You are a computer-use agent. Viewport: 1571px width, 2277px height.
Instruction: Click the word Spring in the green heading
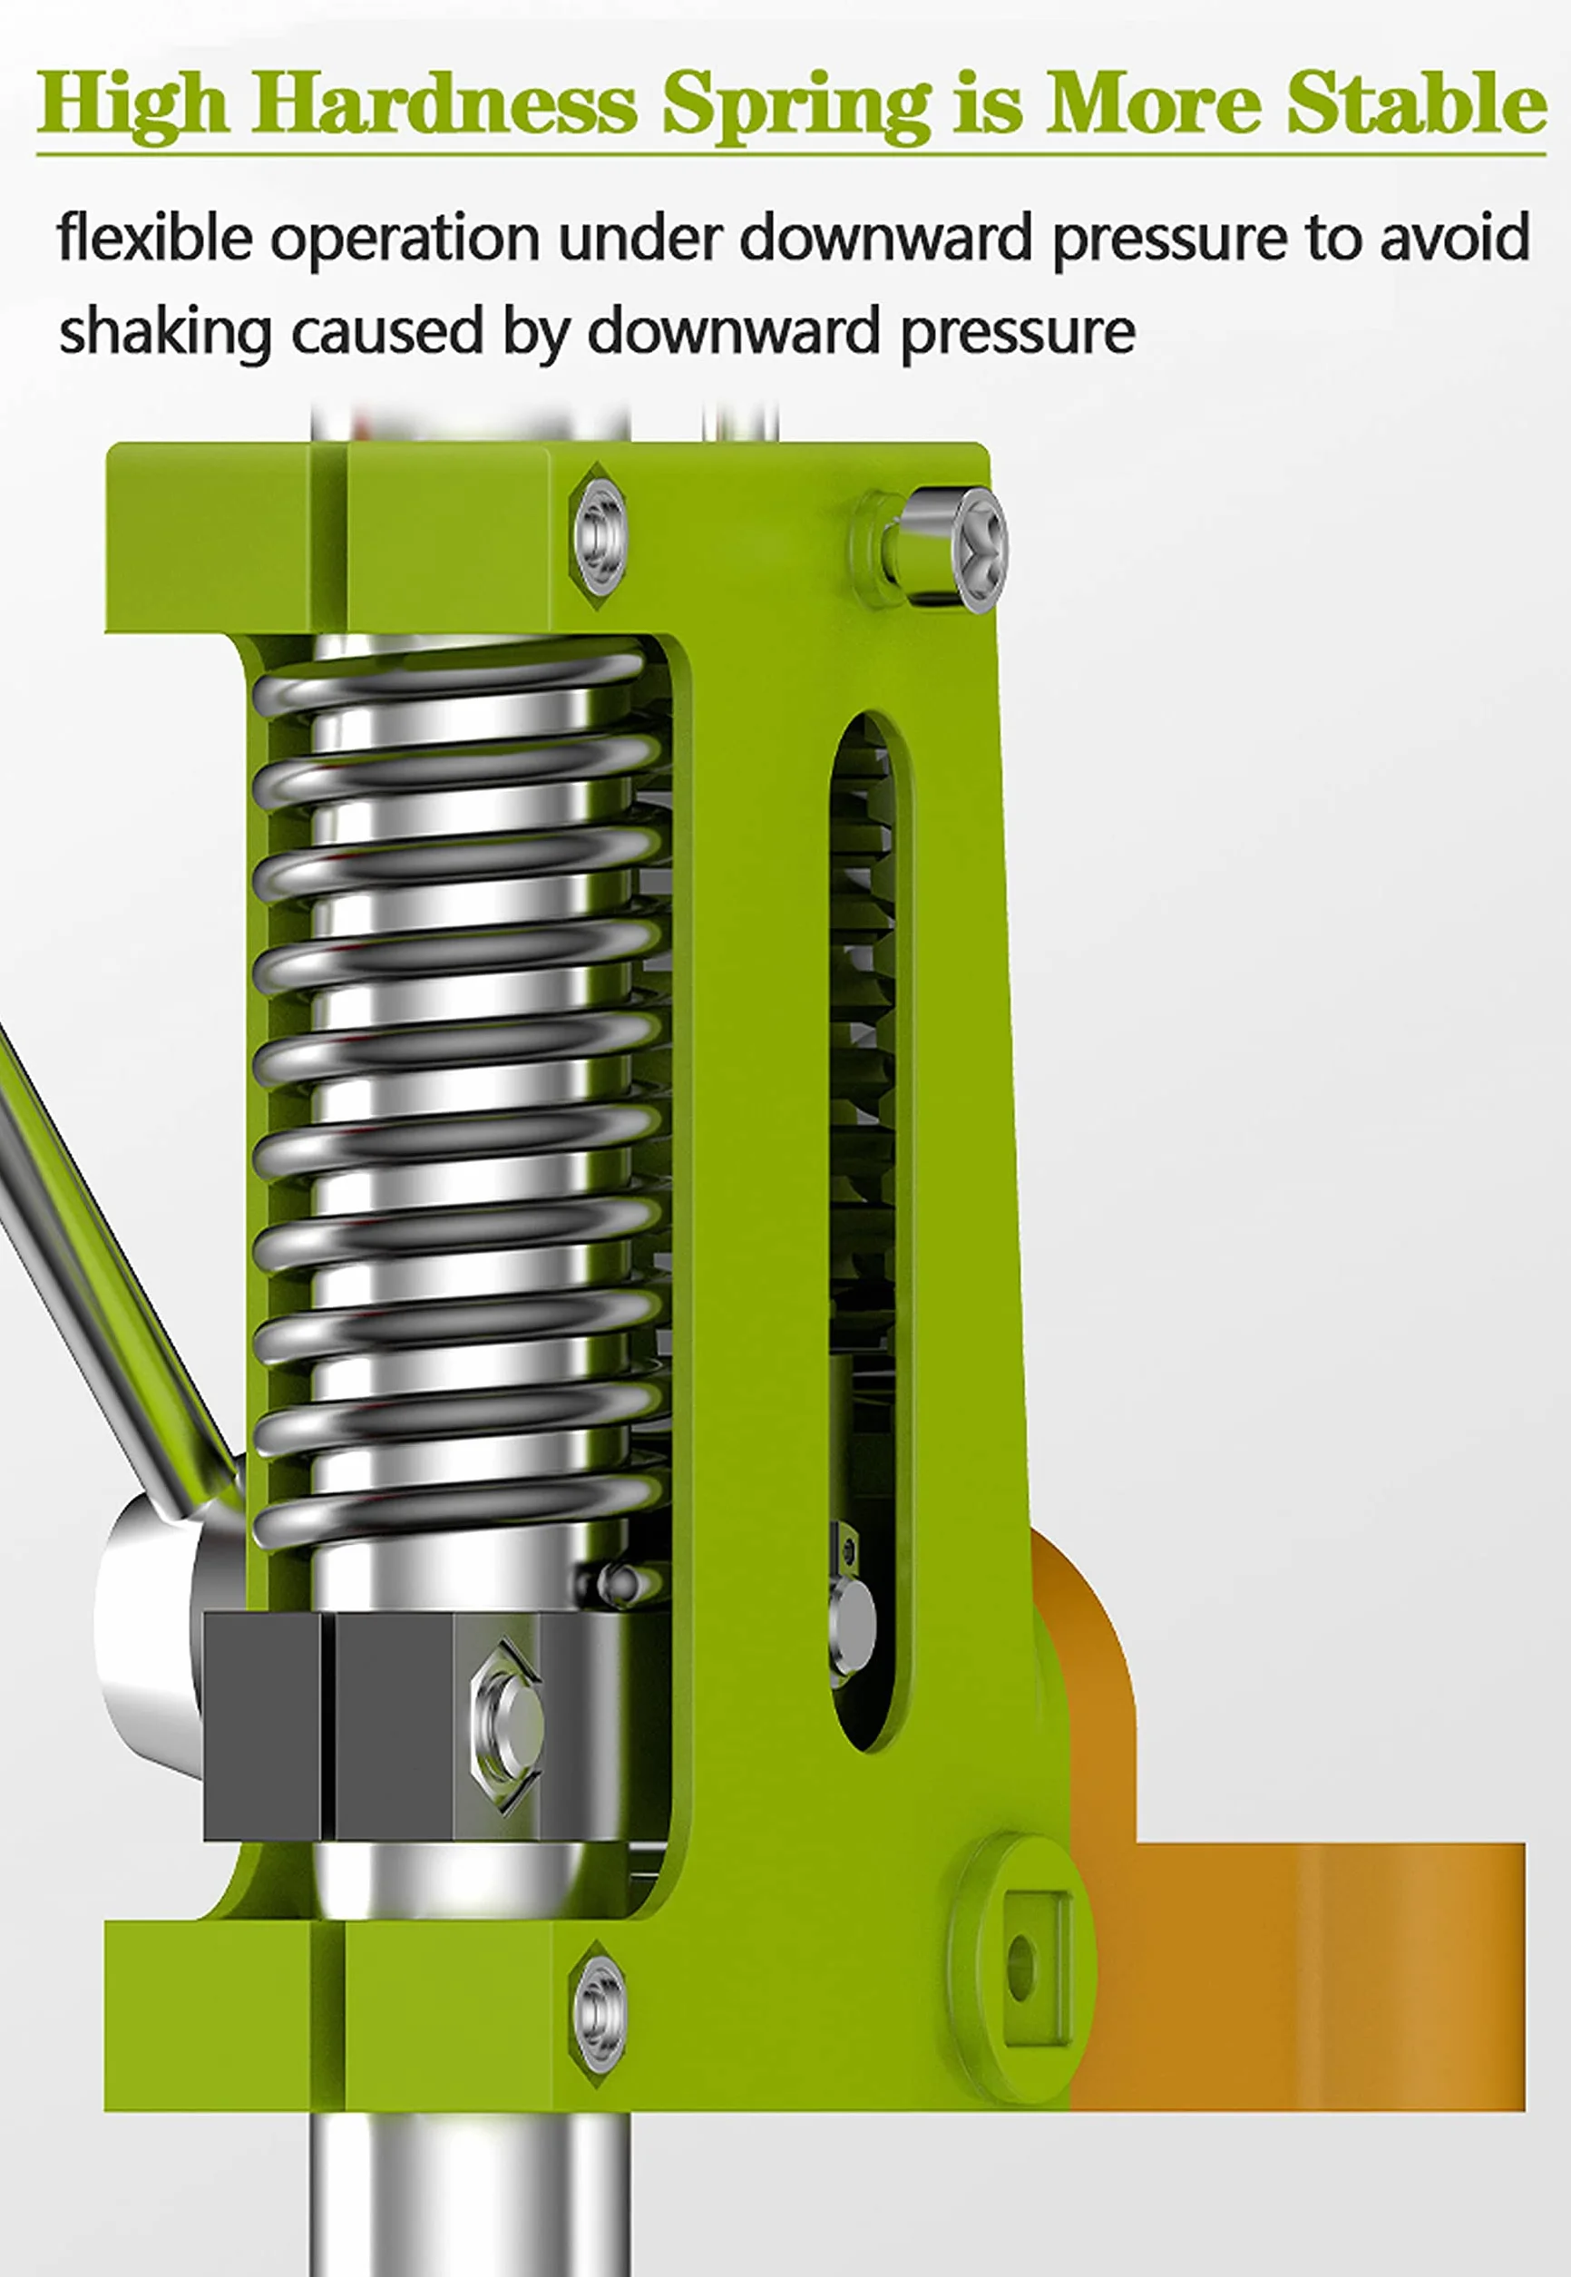(x=796, y=105)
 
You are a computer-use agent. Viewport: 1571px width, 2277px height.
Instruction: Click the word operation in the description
(x=405, y=239)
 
